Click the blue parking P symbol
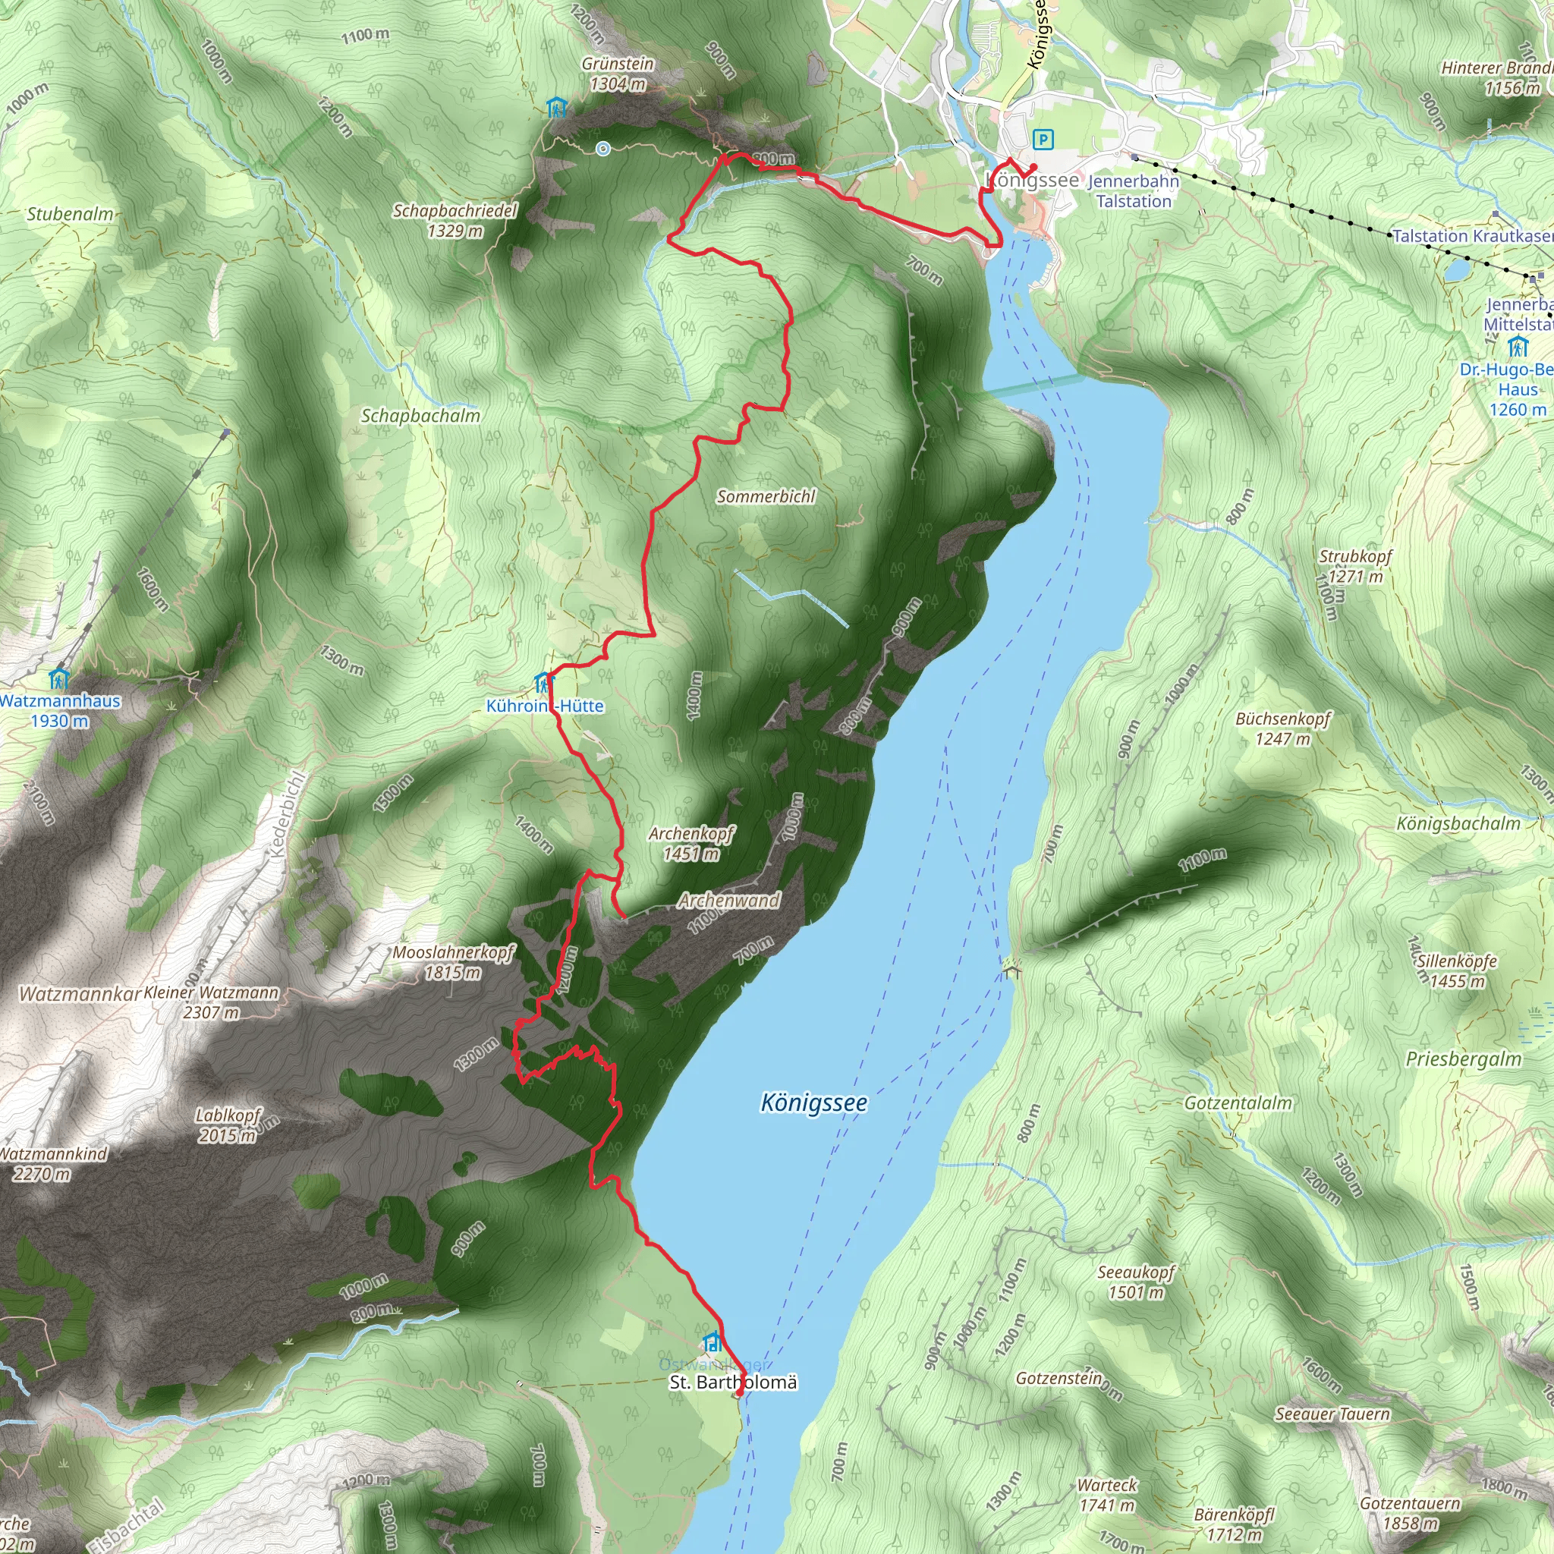(x=1043, y=140)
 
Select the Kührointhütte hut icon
(x=545, y=684)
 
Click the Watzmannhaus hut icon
(x=58, y=680)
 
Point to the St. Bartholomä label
(x=733, y=1382)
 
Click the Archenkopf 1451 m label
(x=691, y=843)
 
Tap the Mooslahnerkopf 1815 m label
(x=453, y=962)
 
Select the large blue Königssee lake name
(x=814, y=1102)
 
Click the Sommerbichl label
(x=766, y=496)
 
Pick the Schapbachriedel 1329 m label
(x=455, y=220)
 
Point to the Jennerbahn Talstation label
(x=1134, y=191)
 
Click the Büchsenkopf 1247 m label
(x=1283, y=728)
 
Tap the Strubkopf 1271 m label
(x=1355, y=565)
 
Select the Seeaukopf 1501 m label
(x=1136, y=1282)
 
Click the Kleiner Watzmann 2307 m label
(x=212, y=1002)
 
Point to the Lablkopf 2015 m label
(x=228, y=1125)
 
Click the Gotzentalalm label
(x=1238, y=1103)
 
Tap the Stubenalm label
(x=69, y=214)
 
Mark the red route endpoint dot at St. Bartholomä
(x=740, y=1392)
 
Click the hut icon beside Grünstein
(x=555, y=107)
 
